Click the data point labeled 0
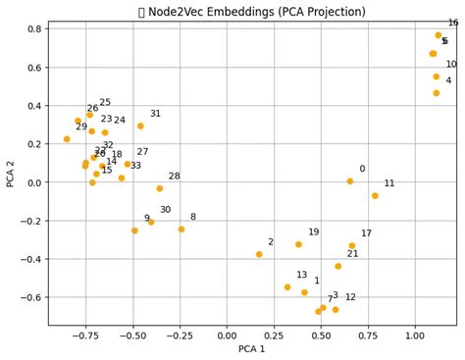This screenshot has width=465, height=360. pos(349,181)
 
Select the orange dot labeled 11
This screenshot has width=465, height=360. pos(375,196)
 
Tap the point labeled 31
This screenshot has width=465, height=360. pos(140,126)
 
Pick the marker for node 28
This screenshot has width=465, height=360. pos(160,188)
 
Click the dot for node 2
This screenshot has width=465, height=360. pos(259,254)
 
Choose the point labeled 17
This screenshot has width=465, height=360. pos(352,246)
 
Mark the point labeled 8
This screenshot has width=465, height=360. pos(181,230)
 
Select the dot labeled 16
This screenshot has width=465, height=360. pos(439,35)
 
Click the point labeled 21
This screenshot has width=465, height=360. pos(338,266)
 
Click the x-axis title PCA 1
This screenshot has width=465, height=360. pos(252,349)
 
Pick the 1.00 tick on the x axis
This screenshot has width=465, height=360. pos(415,335)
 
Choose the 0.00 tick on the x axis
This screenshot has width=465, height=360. pos(228,335)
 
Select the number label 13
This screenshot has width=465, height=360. pos(302,276)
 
